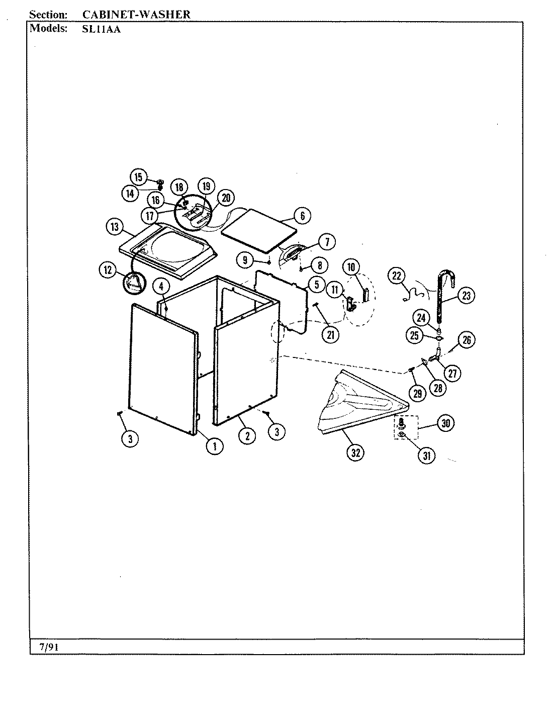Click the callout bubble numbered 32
356,452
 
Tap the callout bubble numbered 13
115,227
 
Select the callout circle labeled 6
302,216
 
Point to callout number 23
466,296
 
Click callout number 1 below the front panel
215,445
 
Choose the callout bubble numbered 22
397,276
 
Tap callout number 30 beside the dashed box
445,423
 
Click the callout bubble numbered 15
139,177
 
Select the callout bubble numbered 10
351,266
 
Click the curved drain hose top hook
447,276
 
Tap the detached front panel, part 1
161,367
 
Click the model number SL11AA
101,29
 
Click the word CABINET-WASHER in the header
136,14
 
